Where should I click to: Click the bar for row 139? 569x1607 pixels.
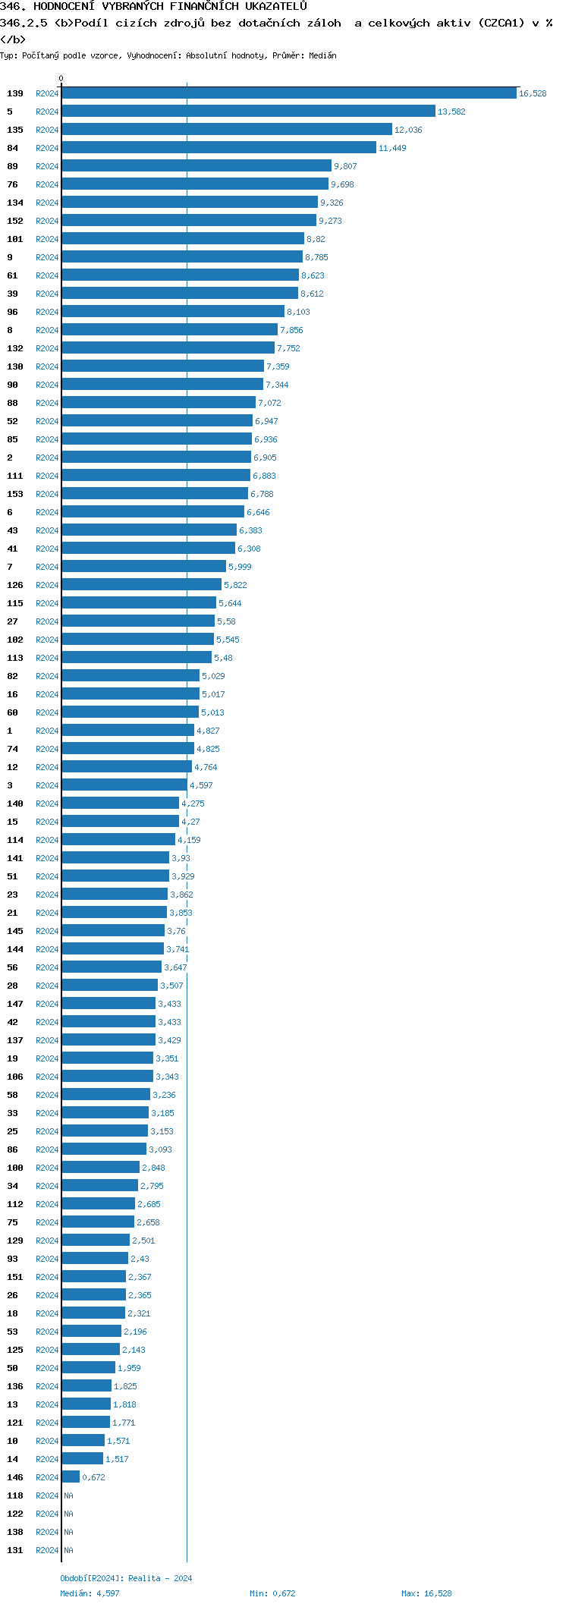[288, 93]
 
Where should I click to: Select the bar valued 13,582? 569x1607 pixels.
[248, 112]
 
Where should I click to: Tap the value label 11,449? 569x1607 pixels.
[392, 148]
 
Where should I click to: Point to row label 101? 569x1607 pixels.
[15, 239]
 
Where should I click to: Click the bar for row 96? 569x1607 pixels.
[173, 312]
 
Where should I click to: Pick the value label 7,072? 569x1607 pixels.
[269, 403]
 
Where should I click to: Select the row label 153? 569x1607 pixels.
[15, 494]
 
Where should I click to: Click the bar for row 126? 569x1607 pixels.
[141, 585]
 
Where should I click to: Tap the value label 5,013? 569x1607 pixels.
[212, 712]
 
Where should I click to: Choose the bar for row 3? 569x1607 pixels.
[124, 785]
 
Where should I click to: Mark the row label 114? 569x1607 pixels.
[15, 840]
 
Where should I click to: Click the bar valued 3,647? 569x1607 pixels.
[112, 967]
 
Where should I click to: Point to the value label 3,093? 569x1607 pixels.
[160, 1149]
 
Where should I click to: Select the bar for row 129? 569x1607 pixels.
[96, 1241]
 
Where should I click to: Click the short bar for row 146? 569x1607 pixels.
[71, 1477]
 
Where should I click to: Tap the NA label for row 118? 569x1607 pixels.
[68, 1495]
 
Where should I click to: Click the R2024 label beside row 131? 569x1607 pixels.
[47, 1550]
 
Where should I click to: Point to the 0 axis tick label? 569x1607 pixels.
[61, 78]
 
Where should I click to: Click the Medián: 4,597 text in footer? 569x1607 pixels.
[90, 1593]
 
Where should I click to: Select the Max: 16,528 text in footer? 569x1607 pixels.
[426, 1593]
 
